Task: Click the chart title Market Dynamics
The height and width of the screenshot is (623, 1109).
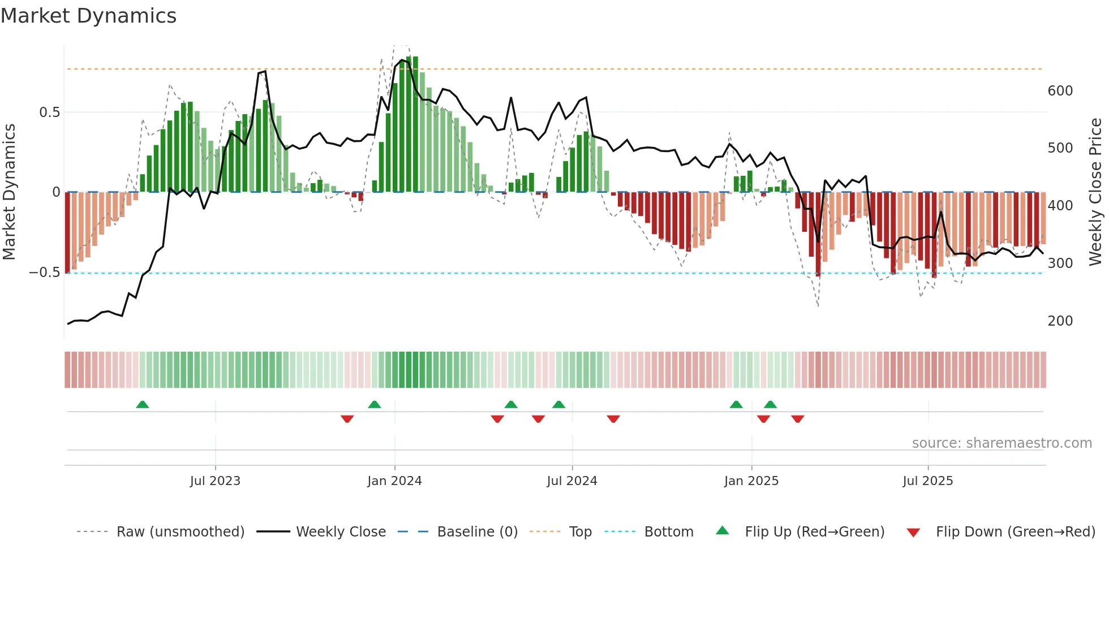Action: tap(88, 16)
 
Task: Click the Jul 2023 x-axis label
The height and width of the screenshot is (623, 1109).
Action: tap(215, 481)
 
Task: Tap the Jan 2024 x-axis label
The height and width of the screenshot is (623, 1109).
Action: tap(394, 481)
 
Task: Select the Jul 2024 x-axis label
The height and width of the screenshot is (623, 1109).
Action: tap(572, 481)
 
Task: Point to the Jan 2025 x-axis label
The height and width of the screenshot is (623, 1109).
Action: tap(751, 481)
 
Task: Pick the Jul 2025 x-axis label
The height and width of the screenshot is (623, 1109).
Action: tap(928, 481)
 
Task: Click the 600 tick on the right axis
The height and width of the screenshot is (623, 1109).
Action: tap(1060, 91)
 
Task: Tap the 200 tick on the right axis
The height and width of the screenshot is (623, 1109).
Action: tap(1060, 321)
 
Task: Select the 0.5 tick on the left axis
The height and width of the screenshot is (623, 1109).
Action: tap(49, 113)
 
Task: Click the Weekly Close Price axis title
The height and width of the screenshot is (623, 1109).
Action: tap(1096, 192)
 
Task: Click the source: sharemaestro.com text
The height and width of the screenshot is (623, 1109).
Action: tap(1002, 443)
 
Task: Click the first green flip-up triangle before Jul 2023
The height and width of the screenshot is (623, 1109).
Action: tap(143, 405)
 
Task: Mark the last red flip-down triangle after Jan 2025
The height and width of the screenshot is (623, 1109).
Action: tap(798, 419)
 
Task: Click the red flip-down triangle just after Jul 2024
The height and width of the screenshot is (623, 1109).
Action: tap(613, 419)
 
